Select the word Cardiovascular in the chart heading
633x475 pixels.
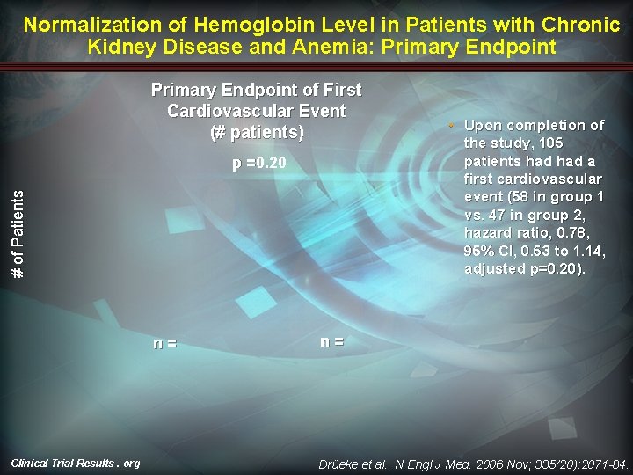click(256, 111)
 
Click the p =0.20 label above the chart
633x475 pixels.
click(258, 164)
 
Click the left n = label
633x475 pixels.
click(165, 343)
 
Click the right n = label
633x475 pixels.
click(331, 340)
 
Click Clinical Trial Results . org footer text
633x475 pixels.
click(75, 463)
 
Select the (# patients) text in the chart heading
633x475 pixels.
click(257, 133)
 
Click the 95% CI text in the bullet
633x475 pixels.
click(489, 250)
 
